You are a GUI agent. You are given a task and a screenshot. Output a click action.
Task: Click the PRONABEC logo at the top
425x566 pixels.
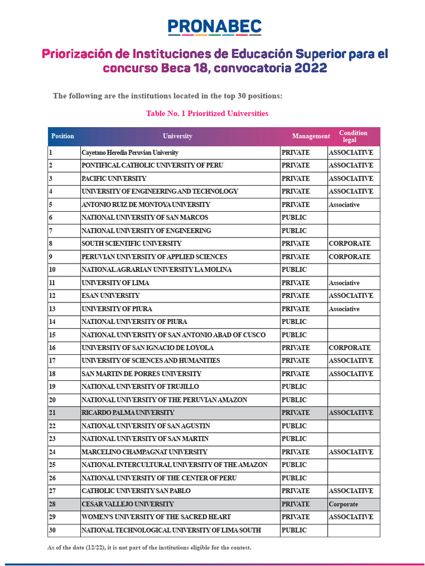214,27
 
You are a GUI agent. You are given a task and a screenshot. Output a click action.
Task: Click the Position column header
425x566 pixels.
63,136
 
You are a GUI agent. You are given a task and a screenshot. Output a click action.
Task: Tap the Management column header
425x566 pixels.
311,136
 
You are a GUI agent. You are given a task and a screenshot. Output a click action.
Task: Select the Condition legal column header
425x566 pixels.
353,136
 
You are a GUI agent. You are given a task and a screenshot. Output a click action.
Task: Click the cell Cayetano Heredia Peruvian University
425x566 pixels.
130,153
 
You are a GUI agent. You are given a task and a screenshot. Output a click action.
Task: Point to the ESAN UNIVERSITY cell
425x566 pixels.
111,296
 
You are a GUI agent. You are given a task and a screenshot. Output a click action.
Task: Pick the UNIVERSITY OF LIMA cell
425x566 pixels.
115,283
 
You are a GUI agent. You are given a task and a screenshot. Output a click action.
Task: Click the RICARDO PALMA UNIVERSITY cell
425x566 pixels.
128,413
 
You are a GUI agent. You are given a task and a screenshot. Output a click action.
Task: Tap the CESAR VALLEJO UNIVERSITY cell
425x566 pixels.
128,504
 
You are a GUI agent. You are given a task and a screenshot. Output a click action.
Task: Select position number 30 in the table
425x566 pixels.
53,530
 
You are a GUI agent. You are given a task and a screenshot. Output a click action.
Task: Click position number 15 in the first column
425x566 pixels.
53,335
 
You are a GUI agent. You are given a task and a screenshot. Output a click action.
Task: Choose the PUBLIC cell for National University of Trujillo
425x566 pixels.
294,387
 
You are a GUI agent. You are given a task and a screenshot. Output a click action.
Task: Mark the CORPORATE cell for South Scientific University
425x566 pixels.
350,244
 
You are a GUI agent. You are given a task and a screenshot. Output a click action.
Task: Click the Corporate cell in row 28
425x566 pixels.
343,504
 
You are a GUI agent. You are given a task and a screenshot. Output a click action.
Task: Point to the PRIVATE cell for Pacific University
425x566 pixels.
296,179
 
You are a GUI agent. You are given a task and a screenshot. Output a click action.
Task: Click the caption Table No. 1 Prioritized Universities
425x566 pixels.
207,113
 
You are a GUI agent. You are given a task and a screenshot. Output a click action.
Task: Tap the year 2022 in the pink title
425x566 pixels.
310,69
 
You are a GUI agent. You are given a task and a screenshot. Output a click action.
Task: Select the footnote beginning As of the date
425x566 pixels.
149,547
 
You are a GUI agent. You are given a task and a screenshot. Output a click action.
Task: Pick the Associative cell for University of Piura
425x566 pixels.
344,309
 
